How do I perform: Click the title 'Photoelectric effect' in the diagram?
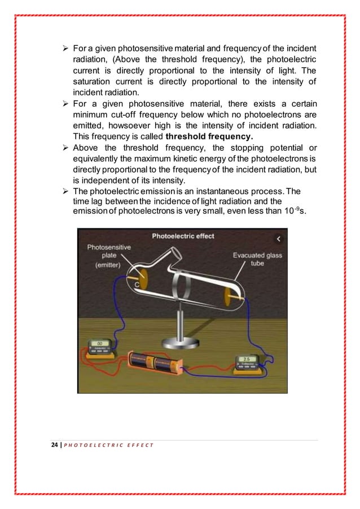tap(183, 236)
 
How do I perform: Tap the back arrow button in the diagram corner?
tap(277, 239)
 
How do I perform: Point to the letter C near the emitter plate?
tap(137, 285)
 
